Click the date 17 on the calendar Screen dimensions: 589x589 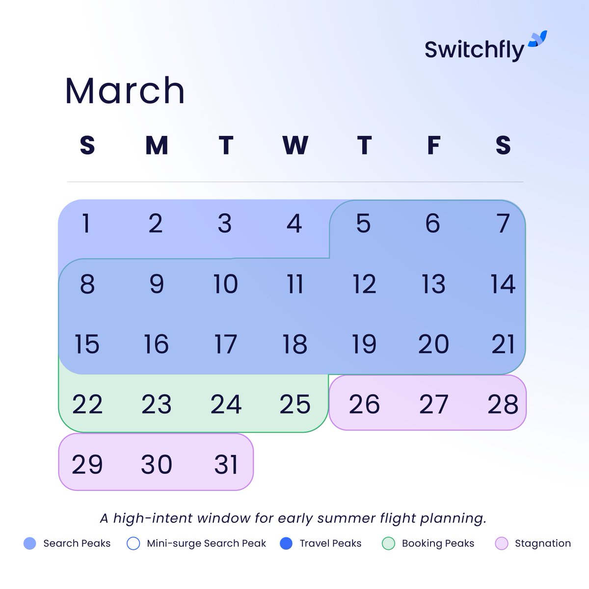click(225, 344)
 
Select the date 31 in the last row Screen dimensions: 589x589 click(226, 464)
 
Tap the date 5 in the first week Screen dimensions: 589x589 click(363, 224)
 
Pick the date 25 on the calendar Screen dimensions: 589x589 click(295, 404)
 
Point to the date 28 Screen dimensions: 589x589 click(503, 404)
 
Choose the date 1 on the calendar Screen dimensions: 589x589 click(86, 224)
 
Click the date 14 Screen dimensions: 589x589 click(503, 284)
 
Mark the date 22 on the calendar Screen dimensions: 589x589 click(87, 404)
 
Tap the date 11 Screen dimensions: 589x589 click(295, 284)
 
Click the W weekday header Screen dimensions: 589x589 click(295, 145)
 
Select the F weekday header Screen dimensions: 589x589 click(433, 145)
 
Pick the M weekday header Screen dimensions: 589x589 click(157, 145)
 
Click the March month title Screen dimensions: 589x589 click(125, 91)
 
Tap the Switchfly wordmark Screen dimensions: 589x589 click(474, 50)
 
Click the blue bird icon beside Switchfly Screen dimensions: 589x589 click(537, 39)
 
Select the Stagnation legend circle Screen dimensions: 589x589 click(501, 543)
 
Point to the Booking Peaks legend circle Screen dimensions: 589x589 click(388, 543)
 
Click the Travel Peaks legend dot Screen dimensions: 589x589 click(286, 543)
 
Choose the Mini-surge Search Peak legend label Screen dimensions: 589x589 click(206, 543)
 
